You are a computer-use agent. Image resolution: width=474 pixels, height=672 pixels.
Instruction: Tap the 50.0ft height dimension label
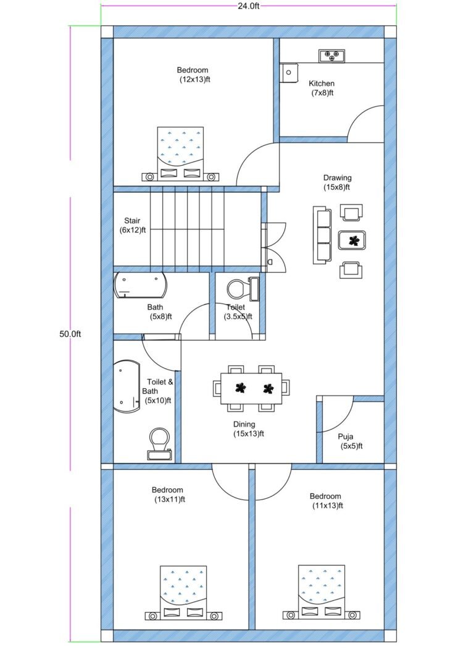point(70,334)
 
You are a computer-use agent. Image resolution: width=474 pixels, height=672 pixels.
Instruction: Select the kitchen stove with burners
point(332,56)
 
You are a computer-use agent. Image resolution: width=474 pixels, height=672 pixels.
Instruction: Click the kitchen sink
point(288,72)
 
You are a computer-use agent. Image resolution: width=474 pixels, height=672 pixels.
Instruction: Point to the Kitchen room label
point(322,83)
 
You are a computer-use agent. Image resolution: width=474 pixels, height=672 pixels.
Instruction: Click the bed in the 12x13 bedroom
point(180,152)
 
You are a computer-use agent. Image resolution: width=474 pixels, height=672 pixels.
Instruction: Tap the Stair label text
point(132,221)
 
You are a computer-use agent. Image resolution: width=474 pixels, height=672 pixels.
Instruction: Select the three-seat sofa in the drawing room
point(322,236)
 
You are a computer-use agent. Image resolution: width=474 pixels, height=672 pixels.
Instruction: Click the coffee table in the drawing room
point(352,240)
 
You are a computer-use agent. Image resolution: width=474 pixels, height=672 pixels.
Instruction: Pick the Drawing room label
point(337,178)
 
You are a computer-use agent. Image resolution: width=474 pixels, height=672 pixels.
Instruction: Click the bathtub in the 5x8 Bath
point(141,286)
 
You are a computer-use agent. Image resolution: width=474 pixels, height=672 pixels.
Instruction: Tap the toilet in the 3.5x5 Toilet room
point(239,289)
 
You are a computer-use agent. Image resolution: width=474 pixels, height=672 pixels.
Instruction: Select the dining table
point(251,388)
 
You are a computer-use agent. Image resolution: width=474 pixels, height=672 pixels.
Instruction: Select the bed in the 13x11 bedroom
point(183,592)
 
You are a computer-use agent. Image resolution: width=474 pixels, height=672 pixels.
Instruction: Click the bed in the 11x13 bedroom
point(322,591)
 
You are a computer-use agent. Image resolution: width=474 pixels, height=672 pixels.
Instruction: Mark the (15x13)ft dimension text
point(249,433)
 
